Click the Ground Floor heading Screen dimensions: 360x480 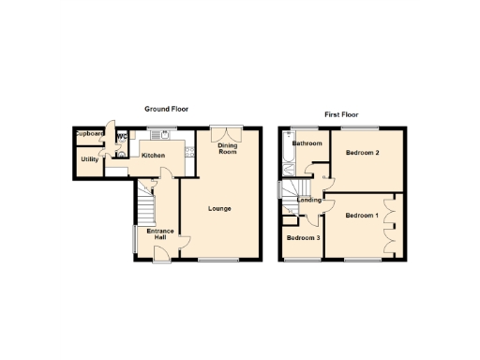(x=166, y=110)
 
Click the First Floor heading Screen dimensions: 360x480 (x=342, y=114)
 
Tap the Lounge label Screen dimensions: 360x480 (x=218, y=208)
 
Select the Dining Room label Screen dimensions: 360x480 (x=228, y=148)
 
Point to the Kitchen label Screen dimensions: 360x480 (x=154, y=156)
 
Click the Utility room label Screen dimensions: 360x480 (x=90, y=159)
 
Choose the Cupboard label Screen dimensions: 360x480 (x=91, y=134)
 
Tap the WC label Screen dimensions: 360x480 (x=122, y=137)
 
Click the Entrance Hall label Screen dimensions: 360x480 (x=155, y=233)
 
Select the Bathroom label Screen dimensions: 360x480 (x=307, y=143)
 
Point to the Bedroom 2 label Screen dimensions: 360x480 (x=361, y=152)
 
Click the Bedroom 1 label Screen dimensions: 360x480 (x=361, y=216)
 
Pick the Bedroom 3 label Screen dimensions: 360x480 (x=303, y=238)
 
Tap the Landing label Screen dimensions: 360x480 (x=309, y=200)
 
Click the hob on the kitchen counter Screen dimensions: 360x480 (x=188, y=153)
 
